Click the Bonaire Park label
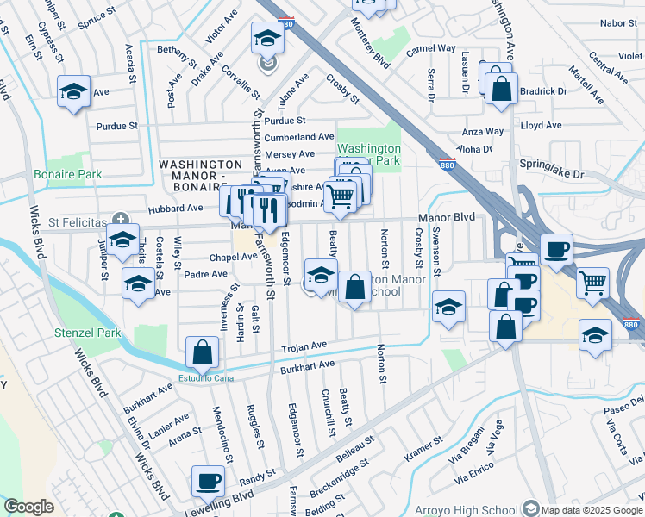[67, 175]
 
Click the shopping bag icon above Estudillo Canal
[202, 352]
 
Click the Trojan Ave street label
[304, 346]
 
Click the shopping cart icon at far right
[592, 283]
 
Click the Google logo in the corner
[28, 507]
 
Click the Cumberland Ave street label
[298, 137]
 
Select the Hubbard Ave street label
[175, 209]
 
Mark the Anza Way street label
[483, 132]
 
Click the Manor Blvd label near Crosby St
[448, 218]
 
